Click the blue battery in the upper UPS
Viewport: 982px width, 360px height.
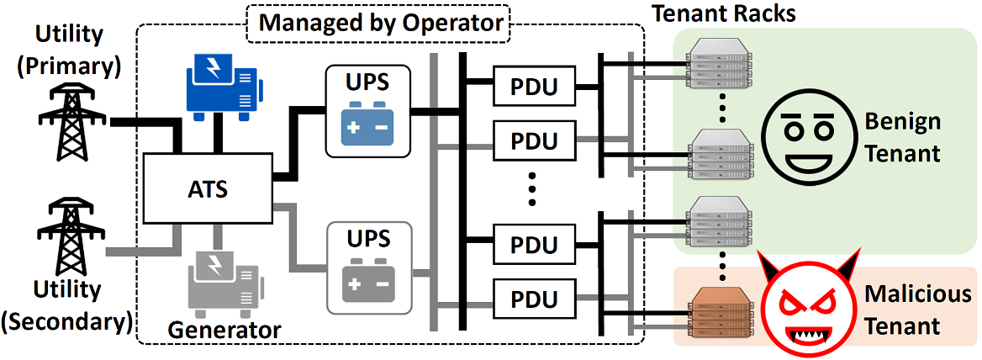[x=367, y=126]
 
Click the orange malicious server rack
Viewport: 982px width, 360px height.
[x=720, y=311]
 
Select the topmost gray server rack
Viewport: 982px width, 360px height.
[x=720, y=56]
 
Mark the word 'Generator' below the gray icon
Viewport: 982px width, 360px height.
[x=224, y=328]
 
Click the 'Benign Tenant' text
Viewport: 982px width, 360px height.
[x=903, y=138]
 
